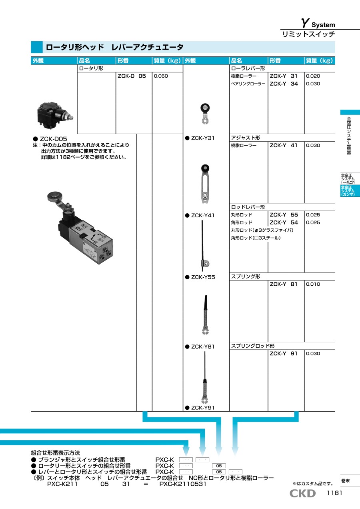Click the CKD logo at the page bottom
tap(302, 493)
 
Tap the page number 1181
tap(334, 493)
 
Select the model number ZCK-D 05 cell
tap(132, 76)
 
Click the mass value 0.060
tap(161, 76)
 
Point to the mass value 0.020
tap(313, 76)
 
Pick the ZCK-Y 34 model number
tap(284, 84)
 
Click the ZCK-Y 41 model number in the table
tap(284, 145)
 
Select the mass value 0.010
tap(313, 284)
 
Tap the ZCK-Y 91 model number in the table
tap(284, 353)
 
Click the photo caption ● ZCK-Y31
tap(200, 138)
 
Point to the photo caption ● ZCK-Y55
tap(200, 277)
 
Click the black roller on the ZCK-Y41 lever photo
tap(205, 168)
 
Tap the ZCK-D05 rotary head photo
tap(55, 116)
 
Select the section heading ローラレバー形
tap(248, 68)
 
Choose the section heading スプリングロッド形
tap(253, 346)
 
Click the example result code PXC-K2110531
tap(183, 484)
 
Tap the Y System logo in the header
tap(318, 23)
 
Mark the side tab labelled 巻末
tap(346, 481)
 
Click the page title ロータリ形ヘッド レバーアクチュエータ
tap(114, 47)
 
